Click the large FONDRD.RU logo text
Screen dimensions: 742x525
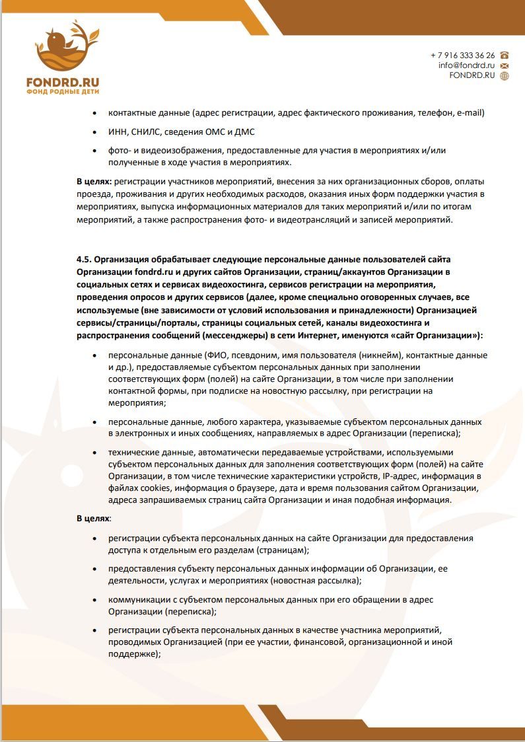coord(62,82)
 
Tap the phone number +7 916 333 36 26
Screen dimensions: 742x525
coord(462,56)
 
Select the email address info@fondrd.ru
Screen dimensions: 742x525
coord(466,65)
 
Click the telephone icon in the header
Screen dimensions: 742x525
coord(505,56)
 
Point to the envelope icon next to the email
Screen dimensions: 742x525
coord(505,65)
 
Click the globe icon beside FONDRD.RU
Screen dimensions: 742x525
coord(505,75)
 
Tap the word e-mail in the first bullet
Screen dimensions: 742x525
coord(470,113)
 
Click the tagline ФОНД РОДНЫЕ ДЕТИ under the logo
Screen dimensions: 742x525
coord(62,92)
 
